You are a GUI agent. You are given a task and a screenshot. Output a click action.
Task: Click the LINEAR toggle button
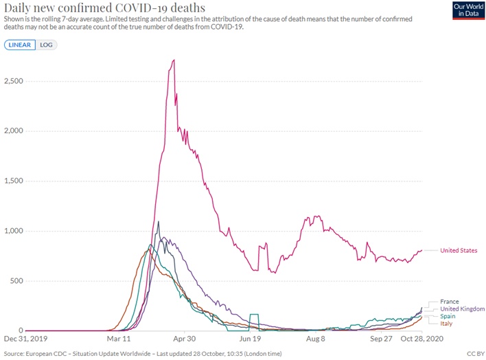point(21,45)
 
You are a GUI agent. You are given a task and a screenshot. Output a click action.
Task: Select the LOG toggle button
point(47,45)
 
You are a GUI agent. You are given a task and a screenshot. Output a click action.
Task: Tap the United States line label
point(459,251)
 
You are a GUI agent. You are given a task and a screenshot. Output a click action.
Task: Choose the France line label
point(449,302)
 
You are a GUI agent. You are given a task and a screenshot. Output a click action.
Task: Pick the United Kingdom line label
point(463,309)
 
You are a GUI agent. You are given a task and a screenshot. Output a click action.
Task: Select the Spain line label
point(448,316)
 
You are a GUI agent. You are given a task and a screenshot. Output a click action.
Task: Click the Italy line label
point(446,324)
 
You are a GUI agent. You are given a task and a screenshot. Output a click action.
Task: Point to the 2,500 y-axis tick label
point(14,81)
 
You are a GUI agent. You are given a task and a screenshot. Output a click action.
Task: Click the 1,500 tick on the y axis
point(14,181)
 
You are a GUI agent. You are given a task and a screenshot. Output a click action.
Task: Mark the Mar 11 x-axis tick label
point(119,339)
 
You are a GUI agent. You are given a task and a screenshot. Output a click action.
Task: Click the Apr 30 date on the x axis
point(184,339)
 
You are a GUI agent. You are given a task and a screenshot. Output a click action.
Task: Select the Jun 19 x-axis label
point(251,339)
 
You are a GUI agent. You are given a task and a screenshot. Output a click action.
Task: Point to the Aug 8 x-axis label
point(315,339)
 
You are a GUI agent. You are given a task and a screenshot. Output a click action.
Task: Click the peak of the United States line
point(174,60)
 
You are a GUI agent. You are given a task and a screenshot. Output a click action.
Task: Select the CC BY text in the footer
point(475,354)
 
